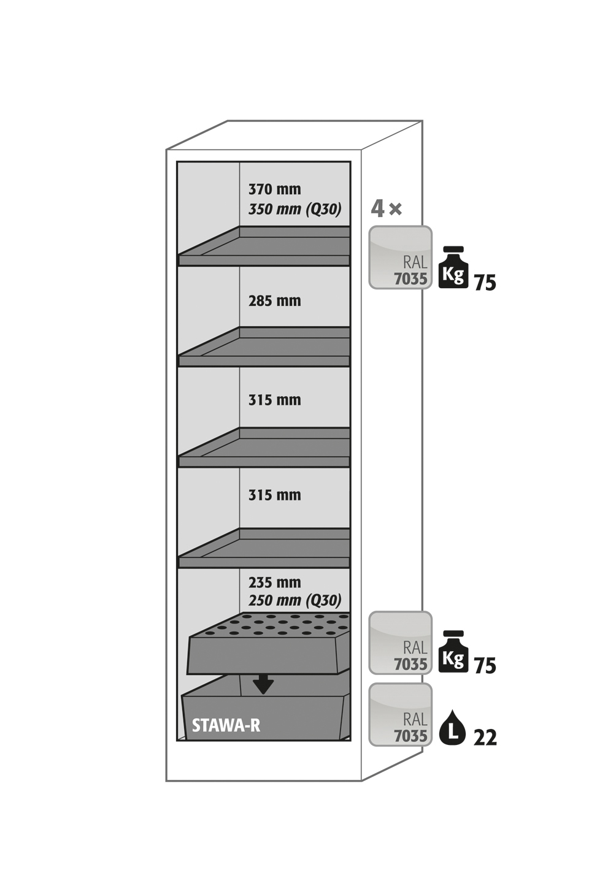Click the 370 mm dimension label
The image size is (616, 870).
pos(274,189)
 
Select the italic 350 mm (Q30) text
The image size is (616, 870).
pos(295,209)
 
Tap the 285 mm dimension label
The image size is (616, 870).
pos(274,301)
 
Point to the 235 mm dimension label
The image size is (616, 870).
pos(274,582)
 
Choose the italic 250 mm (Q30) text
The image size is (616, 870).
pos(295,600)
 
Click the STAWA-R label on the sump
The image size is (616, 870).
pos(226,726)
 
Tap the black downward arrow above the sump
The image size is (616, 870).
pos(263,684)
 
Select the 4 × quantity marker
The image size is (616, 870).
pos(386,209)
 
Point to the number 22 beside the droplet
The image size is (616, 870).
pos(485,738)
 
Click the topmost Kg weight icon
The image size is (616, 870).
pos(453,268)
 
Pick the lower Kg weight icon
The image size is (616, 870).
pos(453,652)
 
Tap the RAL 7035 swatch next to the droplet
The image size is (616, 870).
pos(400,715)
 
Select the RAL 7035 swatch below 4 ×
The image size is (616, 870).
pos(400,258)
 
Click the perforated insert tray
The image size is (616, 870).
pos(268,644)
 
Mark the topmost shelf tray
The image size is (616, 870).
pos(264,247)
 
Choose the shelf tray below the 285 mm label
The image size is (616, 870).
pos(264,348)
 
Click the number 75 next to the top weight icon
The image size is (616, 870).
pos(485,283)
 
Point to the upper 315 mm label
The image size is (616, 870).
pos(274,400)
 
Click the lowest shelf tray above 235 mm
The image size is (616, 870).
pos(264,549)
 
